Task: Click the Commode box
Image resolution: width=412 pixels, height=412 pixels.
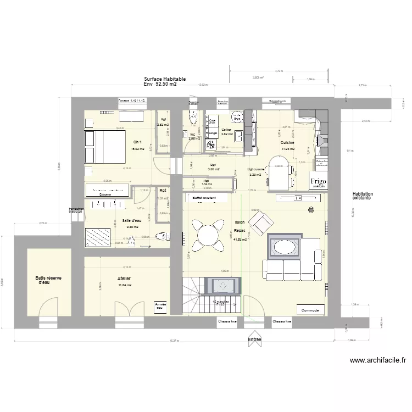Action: (x=310, y=309)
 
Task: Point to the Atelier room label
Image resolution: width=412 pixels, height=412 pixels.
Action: (x=124, y=279)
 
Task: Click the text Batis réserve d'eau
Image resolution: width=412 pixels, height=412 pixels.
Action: (x=48, y=280)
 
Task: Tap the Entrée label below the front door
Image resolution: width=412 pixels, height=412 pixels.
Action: (x=254, y=340)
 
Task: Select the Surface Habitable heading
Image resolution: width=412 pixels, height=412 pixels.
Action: (x=165, y=79)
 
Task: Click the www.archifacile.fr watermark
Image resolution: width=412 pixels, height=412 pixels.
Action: (x=378, y=361)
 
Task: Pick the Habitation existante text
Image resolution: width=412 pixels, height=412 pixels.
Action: (x=364, y=196)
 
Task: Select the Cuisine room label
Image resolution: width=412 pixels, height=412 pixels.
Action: (x=287, y=142)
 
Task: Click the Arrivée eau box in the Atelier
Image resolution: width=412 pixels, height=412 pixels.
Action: (x=160, y=305)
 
